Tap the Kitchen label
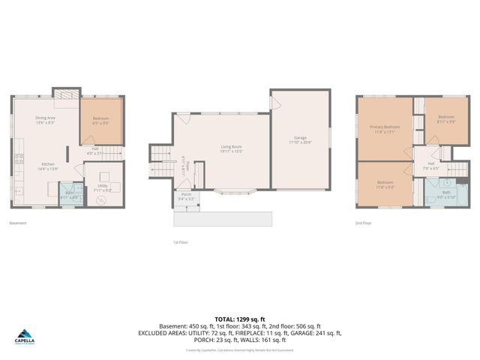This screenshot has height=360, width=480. [x=47, y=164]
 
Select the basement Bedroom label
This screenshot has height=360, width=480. [x=100, y=119]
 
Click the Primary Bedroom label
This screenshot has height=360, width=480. [x=384, y=128]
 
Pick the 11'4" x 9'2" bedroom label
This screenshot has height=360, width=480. [x=385, y=183]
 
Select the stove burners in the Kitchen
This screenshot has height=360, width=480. [x=16, y=158]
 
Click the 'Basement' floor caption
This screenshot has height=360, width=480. [x=18, y=223]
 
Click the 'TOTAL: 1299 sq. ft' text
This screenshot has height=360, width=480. [x=240, y=319]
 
